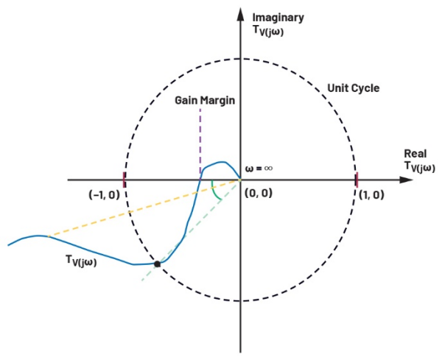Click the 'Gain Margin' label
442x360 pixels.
pyautogui.click(x=204, y=101)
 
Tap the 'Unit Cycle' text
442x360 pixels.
pyautogui.click(x=353, y=88)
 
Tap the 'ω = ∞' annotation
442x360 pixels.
pyautogui.click(x=259, y=168)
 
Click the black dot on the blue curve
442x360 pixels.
pyautogui.click(x=157, y=263)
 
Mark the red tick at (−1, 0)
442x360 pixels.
pyautogui.click(x=124, y=180)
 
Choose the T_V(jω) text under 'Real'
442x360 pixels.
pyautogui.click(x=419, y=168)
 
